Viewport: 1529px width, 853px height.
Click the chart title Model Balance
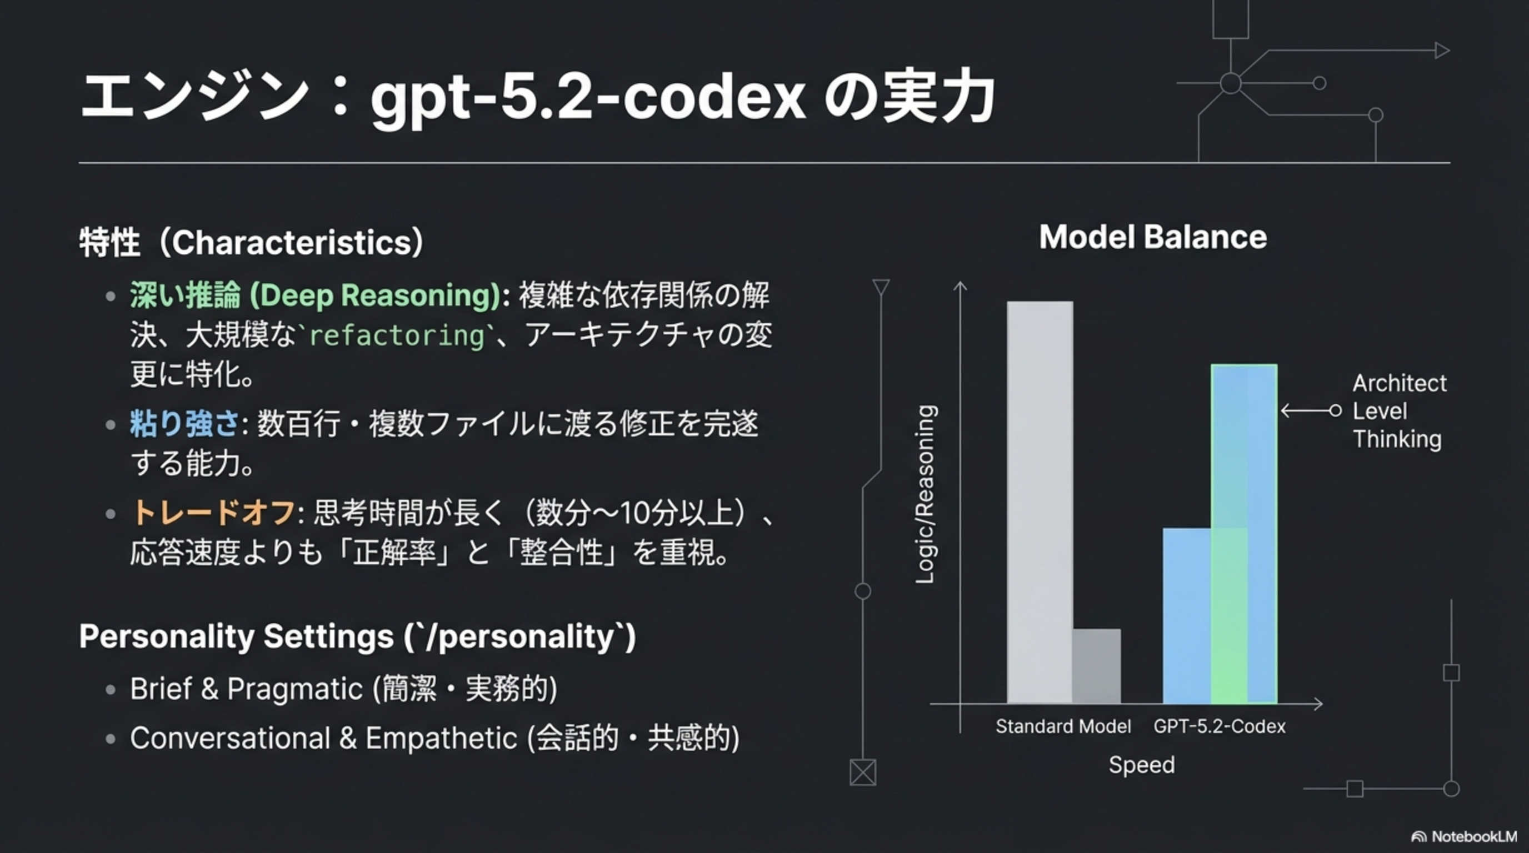pos(1153,237)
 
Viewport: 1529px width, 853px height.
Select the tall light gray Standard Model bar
pos(1040,503)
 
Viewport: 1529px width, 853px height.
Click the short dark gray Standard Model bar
pos(1097,666)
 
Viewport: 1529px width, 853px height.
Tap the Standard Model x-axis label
pos(1063,726)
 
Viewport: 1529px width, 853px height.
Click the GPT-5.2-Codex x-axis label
pos(1219,726)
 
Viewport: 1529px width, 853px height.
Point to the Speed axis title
pos(1141,765)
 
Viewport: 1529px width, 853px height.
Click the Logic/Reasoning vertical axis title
pos(926,494)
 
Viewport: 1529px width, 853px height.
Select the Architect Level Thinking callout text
pos(1399,411)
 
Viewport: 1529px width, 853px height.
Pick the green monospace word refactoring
pos(397,336)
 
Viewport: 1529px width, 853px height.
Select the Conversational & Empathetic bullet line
pos(435,739)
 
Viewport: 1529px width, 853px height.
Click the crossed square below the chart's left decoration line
pos(862,772)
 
